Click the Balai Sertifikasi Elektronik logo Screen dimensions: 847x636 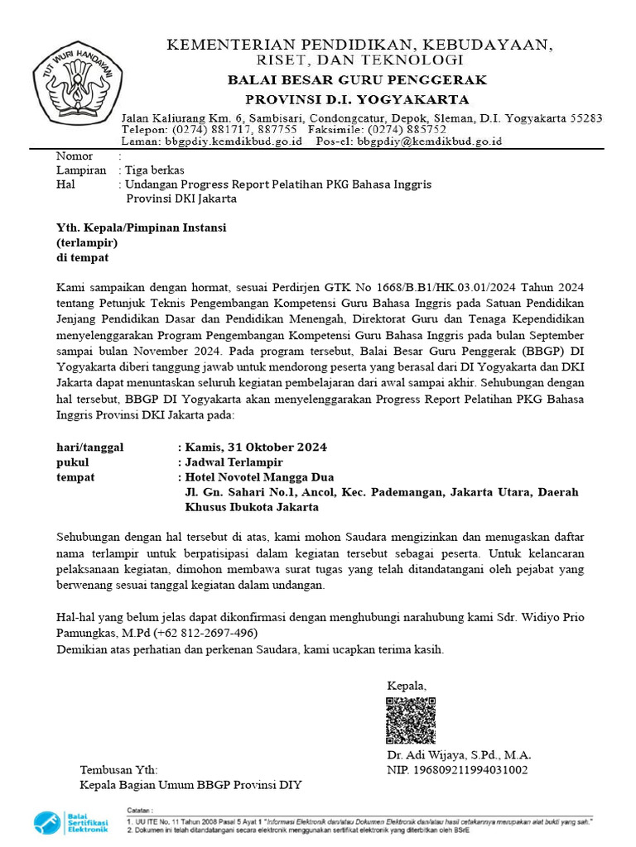tap(71, 822)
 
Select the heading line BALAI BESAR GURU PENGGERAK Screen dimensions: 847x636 tap(358, 80)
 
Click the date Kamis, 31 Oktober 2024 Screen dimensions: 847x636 tap(257, 447)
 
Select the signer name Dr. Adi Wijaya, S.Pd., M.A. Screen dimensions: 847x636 tap(459, 755)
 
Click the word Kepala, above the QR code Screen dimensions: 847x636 tap(407, 686)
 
